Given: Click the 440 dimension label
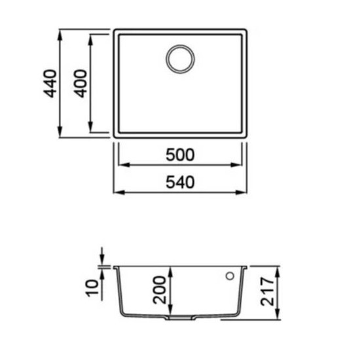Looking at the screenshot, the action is [x=50, y=84].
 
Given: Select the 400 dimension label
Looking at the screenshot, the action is [x=81, y=84].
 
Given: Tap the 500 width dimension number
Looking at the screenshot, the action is [x=180, y=154].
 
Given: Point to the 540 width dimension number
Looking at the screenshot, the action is [x=180, y=183].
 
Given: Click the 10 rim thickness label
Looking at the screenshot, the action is [x=92, y=288].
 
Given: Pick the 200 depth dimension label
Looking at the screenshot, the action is [x=159, y=290].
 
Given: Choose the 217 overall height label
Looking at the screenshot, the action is [x=268, y=291].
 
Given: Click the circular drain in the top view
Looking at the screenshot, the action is [x=180, y=59].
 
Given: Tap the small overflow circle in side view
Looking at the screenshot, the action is [x=230, y=276].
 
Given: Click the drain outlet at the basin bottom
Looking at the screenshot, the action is [x=180, y=317].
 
